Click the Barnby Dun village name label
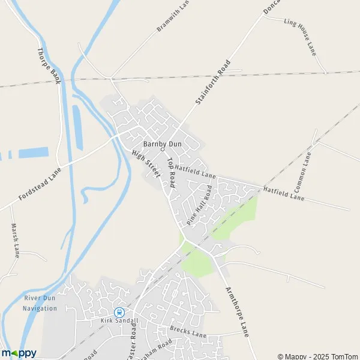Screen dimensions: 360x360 click(x=162, y=144)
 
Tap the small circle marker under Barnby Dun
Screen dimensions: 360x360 click(x=162, y=150)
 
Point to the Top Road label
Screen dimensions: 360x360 click(x=170, y=173)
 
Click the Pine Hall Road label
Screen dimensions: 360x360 click(x=199, y=205)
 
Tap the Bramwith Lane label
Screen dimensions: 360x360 click(x=173, y=16)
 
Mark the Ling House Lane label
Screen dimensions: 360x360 click(x=299, y=36)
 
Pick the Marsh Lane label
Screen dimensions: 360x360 click(x=16, y=240)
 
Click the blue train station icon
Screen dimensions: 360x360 click(x=119, y=312)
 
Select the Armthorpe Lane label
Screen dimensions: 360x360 click(x=237, y=310)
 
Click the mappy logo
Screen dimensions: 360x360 click(x=19, y=353)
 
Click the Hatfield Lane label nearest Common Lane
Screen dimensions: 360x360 click(x=283, y=193)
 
